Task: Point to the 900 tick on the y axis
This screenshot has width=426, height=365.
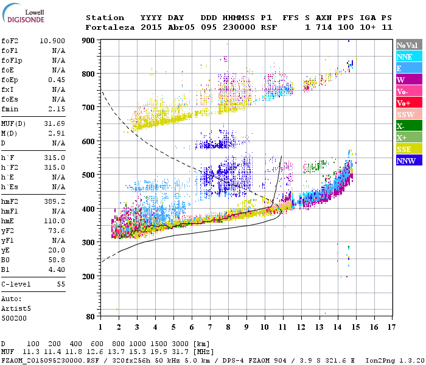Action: click(x=89, y=40)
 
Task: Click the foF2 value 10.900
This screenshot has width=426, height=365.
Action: click(x=53, y=40)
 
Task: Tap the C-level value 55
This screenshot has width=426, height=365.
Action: click(x=61, y=284)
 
